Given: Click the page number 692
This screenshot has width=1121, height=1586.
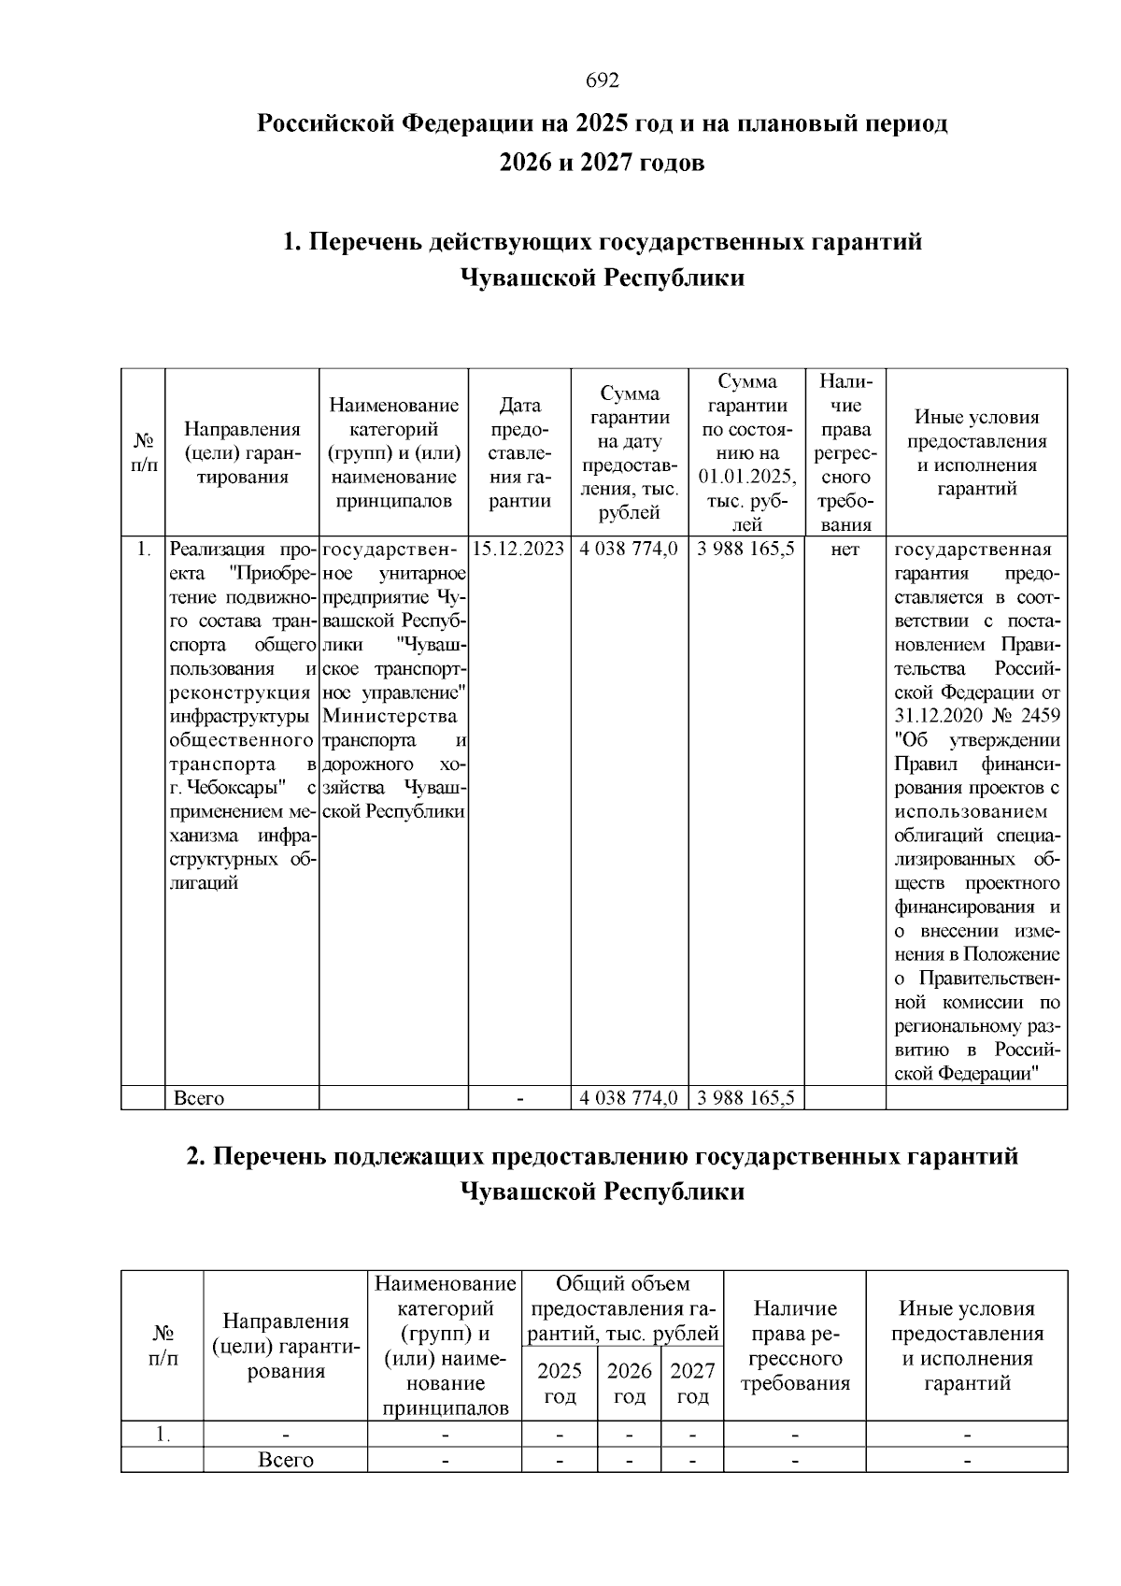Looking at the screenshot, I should pyautogui.click(x=603, y=81).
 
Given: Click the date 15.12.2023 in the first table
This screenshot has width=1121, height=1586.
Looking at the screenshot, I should pyautogui.click(x=518, y=550).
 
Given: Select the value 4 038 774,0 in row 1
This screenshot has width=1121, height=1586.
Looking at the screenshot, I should pyautogui.click(x=629, y=550).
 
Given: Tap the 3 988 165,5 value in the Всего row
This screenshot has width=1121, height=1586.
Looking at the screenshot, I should pyautogui.click(x=745, y=1098).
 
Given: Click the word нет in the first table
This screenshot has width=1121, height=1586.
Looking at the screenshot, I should pyautogui.click(x=844, y=550).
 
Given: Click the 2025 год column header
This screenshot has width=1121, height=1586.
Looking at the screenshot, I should pyautogui.click(x=560, y=1383).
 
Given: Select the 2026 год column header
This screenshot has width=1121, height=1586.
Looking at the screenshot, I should pyautogui.click(x=629, y=1383).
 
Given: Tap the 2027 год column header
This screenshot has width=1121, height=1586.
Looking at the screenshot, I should pyautogui.click(x=692, y=1383).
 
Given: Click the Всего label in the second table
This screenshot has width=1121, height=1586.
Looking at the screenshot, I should pyautogui.click(x=286, y=1460).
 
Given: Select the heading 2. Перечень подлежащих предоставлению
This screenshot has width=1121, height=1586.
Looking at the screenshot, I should pyautogui.click(x=603, y=1156).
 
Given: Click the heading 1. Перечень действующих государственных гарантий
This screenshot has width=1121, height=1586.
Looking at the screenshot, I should pyautogui.click(x=603, y=243).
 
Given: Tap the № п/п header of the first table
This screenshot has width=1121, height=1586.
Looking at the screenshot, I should pyautogui.click(x=143, y=452).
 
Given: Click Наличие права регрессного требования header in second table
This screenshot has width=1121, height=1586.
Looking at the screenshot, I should pyautogui.click(x=795, y=1346).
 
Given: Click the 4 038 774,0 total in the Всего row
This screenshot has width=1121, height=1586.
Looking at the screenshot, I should pyautogui.click(x=629, y=1098).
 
